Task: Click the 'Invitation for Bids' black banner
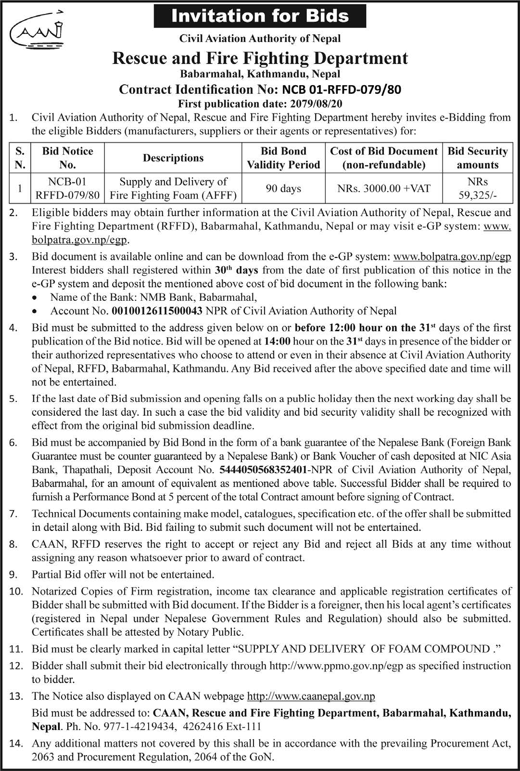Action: coord(260,16)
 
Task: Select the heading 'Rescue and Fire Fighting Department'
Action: coord(260,58)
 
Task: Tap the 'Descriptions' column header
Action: coord(173,158)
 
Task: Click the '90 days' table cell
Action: coord(283,188)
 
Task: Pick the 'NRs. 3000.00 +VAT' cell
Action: coord(383,188)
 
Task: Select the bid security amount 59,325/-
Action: coord(477,195)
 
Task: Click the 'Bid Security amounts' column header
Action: coord(477,158)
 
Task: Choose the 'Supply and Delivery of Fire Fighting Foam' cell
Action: coord(173,188)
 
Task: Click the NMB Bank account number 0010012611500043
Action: coord(157,311)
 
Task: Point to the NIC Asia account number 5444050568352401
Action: coord(263,469)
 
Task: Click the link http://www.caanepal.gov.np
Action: coord(311,696)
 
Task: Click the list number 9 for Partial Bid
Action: coord(13,574)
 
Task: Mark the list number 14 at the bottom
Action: coord(16,743)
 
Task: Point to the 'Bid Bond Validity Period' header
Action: coord(283,158)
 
